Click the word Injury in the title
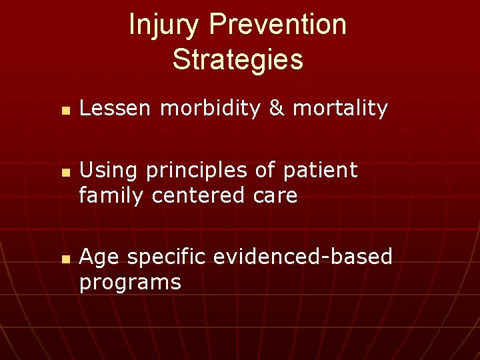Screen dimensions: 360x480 pos(165,25)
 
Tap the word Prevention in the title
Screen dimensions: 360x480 pos(278,25)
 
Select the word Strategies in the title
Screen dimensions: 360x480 pos(237,59)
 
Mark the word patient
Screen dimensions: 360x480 pos(321,171)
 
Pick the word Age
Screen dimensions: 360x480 pos(99,257)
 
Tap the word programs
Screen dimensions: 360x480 pos(130,283)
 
